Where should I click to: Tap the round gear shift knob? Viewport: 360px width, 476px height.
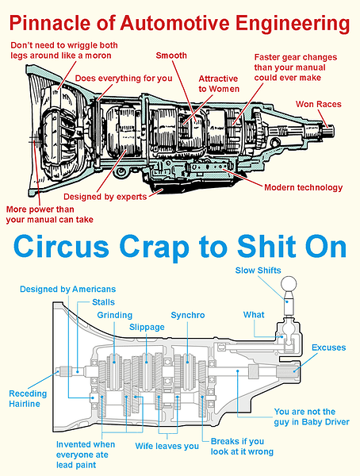pyautogui.click(x=289, y=285)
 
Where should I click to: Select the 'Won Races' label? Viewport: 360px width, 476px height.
pyautogui.click(x=319, y=104)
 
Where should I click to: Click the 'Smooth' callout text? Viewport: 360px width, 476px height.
pyautogui.click(x=171, y=56)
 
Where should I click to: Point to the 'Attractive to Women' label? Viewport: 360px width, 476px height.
pyautogui.click(x=219, y=84)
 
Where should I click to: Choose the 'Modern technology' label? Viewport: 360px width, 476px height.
pyautogui.click(x=303, y=187)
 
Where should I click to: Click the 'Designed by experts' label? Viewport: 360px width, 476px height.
pyautogui.click(x=105, y=197)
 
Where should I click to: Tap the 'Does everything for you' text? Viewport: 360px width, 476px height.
pyautogui.click(x=124, y=79)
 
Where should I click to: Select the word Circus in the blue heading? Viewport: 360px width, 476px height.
pyautogui.click(x=61, y=247)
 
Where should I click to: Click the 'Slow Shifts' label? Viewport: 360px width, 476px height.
pyautogui.click(x=258, y=271)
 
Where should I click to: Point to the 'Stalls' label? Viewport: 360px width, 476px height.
pyautogui.click(x=103, y=302)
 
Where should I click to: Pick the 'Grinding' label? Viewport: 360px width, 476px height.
pyautogui.click(x=115, y=315)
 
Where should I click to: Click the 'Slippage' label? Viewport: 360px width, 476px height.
pyautogui.click(x=147, y=327)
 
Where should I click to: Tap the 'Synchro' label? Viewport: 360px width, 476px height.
pyautogui.click(x=188, y=315)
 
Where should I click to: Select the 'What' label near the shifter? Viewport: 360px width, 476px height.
pyautogui.click(x=254, y=315)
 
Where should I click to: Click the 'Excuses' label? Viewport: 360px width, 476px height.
pyautogui.click(x=329, y=347)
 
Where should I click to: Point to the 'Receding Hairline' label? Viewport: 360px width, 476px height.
pyautogui.click(x=28, y=398)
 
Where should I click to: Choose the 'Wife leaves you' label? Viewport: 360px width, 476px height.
pyautogui.click(x=167, y=446)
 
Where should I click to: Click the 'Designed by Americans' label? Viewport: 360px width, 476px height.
pyautogui.click(x=67, y=289)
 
